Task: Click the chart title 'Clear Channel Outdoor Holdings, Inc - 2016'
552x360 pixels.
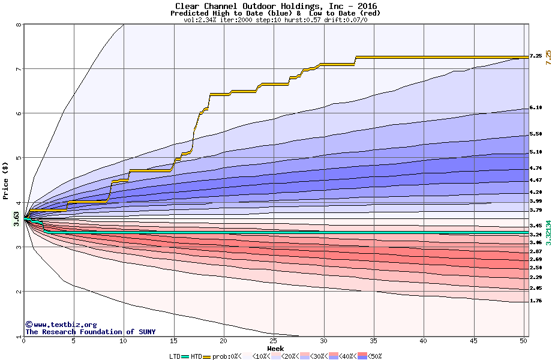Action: (276, 6)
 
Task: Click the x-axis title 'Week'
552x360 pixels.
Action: (275, 348)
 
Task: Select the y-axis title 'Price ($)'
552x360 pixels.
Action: (6, 180)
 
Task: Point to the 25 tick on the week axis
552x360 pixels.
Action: (274, 341)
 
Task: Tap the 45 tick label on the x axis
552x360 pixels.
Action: (473, 341)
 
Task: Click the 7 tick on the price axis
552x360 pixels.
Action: (19, 69)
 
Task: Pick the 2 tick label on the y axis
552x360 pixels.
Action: (19, 292)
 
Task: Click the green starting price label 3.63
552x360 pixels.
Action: (16, 217)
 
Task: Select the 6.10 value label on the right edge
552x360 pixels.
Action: (536, 108)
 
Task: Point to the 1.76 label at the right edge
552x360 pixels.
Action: (536, 301)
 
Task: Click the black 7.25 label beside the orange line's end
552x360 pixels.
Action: (536, 56)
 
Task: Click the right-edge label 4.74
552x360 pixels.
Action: (536, 169)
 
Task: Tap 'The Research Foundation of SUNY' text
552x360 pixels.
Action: (89, 332)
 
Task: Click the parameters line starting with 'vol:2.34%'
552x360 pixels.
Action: (275, 20)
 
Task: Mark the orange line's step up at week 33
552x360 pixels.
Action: (356, 61)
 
